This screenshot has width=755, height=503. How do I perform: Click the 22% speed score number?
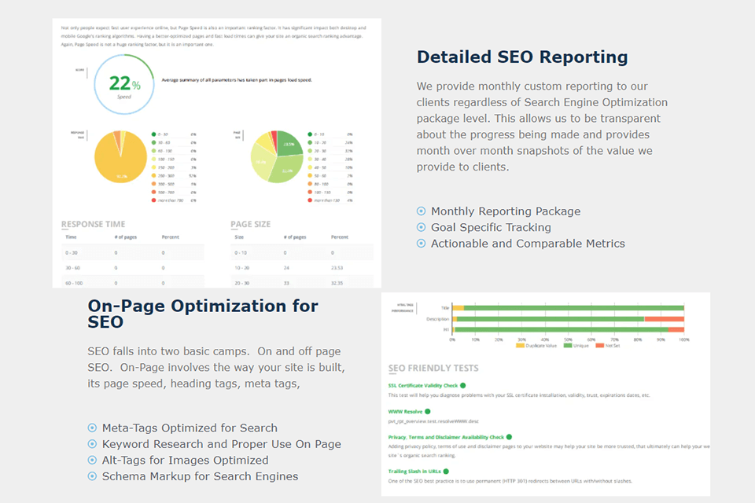(120, 83)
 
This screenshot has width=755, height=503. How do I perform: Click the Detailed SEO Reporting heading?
(522, 57)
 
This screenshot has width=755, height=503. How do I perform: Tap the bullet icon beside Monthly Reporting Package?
(421, 211)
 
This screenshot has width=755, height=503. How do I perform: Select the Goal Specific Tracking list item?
(491, 227)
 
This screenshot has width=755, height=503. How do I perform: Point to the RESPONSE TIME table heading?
(93, 224)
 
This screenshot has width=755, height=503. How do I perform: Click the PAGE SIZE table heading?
(250, 224)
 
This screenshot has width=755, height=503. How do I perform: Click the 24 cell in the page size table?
(285, 267)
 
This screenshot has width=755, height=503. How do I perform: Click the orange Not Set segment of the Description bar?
(664, 319)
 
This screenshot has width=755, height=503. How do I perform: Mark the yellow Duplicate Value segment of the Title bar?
(459, 308)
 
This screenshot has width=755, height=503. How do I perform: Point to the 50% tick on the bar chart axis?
(568, 340)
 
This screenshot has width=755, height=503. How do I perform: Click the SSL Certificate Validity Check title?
(423, 386)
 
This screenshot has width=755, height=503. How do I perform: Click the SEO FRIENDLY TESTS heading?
(433, 368)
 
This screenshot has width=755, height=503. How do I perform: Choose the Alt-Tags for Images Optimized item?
(185, 460)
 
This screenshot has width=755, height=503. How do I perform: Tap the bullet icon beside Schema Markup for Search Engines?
(92, 476)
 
